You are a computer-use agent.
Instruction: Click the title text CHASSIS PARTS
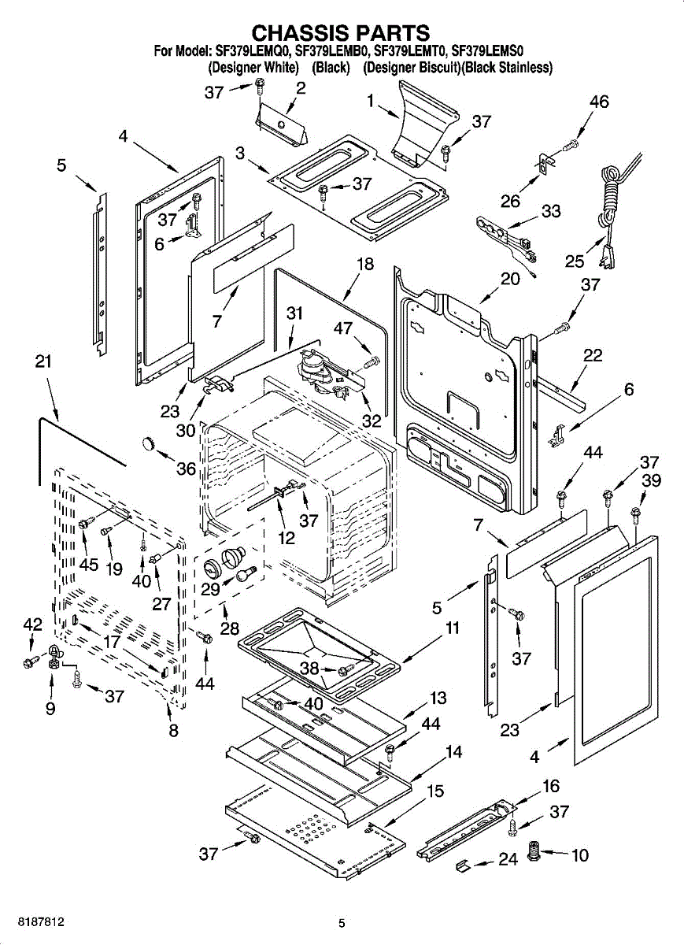340,32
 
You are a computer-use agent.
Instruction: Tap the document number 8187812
37,921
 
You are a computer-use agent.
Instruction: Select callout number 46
599,102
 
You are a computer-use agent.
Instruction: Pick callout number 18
365,265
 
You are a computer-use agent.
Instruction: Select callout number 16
550,786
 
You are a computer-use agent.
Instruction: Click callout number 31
294,313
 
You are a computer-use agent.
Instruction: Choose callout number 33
550,211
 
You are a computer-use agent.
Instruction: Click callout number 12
287,539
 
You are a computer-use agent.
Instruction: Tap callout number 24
508,859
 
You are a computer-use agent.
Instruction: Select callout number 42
32,624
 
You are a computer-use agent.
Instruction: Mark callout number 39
651,481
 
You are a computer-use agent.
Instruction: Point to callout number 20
510,279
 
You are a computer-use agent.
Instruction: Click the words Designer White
258,68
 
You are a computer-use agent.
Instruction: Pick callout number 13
438,698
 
